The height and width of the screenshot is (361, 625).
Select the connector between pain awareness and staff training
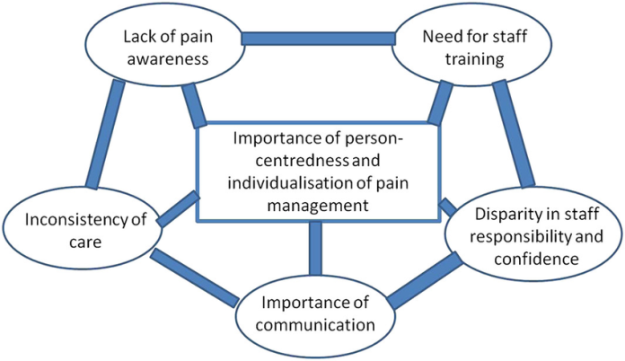point(319,39)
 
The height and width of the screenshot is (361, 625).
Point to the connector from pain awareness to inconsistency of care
point(105,134)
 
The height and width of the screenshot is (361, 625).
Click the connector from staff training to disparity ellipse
point(514,134)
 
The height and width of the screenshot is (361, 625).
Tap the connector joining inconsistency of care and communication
point(196,277)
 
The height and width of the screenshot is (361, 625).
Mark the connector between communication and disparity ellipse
point(425,280)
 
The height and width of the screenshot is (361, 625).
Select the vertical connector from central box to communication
point(315,249)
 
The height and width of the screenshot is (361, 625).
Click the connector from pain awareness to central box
point(194,106)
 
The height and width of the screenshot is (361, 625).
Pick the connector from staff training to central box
point(440,102)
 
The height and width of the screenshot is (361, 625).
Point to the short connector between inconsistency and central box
point(178,209)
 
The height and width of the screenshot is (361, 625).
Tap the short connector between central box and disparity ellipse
point(447,207)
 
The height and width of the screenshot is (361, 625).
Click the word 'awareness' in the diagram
point(168,59)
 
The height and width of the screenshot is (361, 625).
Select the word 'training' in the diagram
point(475,59)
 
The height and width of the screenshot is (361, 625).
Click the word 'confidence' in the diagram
point(536,259)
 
